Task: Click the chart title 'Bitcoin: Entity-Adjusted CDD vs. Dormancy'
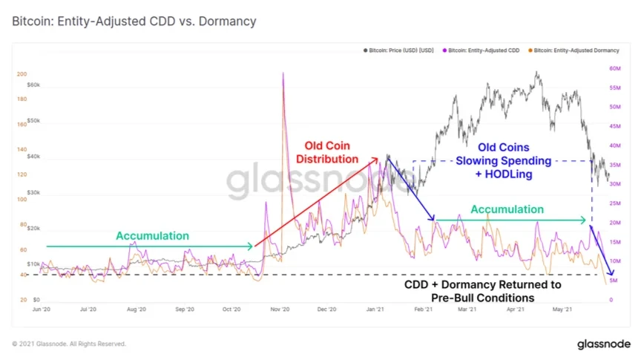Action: point(134,22)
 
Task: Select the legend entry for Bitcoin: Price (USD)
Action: point(398,50)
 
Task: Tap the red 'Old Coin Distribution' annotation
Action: point(327,152)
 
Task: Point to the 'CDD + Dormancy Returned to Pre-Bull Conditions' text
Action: point(482,291)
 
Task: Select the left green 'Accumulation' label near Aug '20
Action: point(152,235)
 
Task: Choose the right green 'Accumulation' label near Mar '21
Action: point(507,209)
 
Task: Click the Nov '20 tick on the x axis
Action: point(279,309)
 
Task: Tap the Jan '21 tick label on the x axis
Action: point(375,309)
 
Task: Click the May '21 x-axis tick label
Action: point(566,309)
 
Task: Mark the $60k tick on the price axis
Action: point(33,85)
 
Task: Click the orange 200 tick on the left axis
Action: point(22,74)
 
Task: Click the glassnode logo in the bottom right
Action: point(603,344)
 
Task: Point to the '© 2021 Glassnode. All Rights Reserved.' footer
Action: point(69,344)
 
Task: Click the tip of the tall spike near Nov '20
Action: point(283,73)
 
